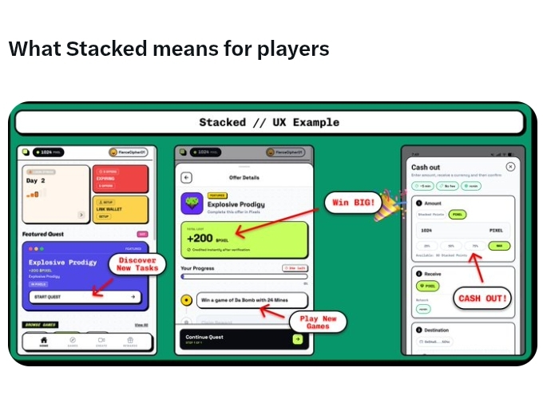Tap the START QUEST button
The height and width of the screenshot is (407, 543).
pyautogui.click(x=85, y=297)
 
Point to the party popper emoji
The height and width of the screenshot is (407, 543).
pyautogui.click(x=390, y=202)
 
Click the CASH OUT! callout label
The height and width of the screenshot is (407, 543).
pyautogui.click(x=482, y=298)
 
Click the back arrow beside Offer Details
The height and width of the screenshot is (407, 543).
pyautogui.click(x=187, y=178)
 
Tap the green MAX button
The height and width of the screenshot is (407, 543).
pyautogui.click(x=501, y=246)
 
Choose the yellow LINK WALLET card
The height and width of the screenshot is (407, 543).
pyautogui.click(x=119, y=209)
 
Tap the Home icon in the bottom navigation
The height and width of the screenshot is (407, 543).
pyautogui.click(x=44, y=341)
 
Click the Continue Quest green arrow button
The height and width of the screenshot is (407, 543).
pyautogui.click(x=297, y=339)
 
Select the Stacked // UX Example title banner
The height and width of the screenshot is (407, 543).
pyautogui.click(x=269, y=122)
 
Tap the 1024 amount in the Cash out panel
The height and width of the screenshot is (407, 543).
pyautogui.click(x=428, y=229)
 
